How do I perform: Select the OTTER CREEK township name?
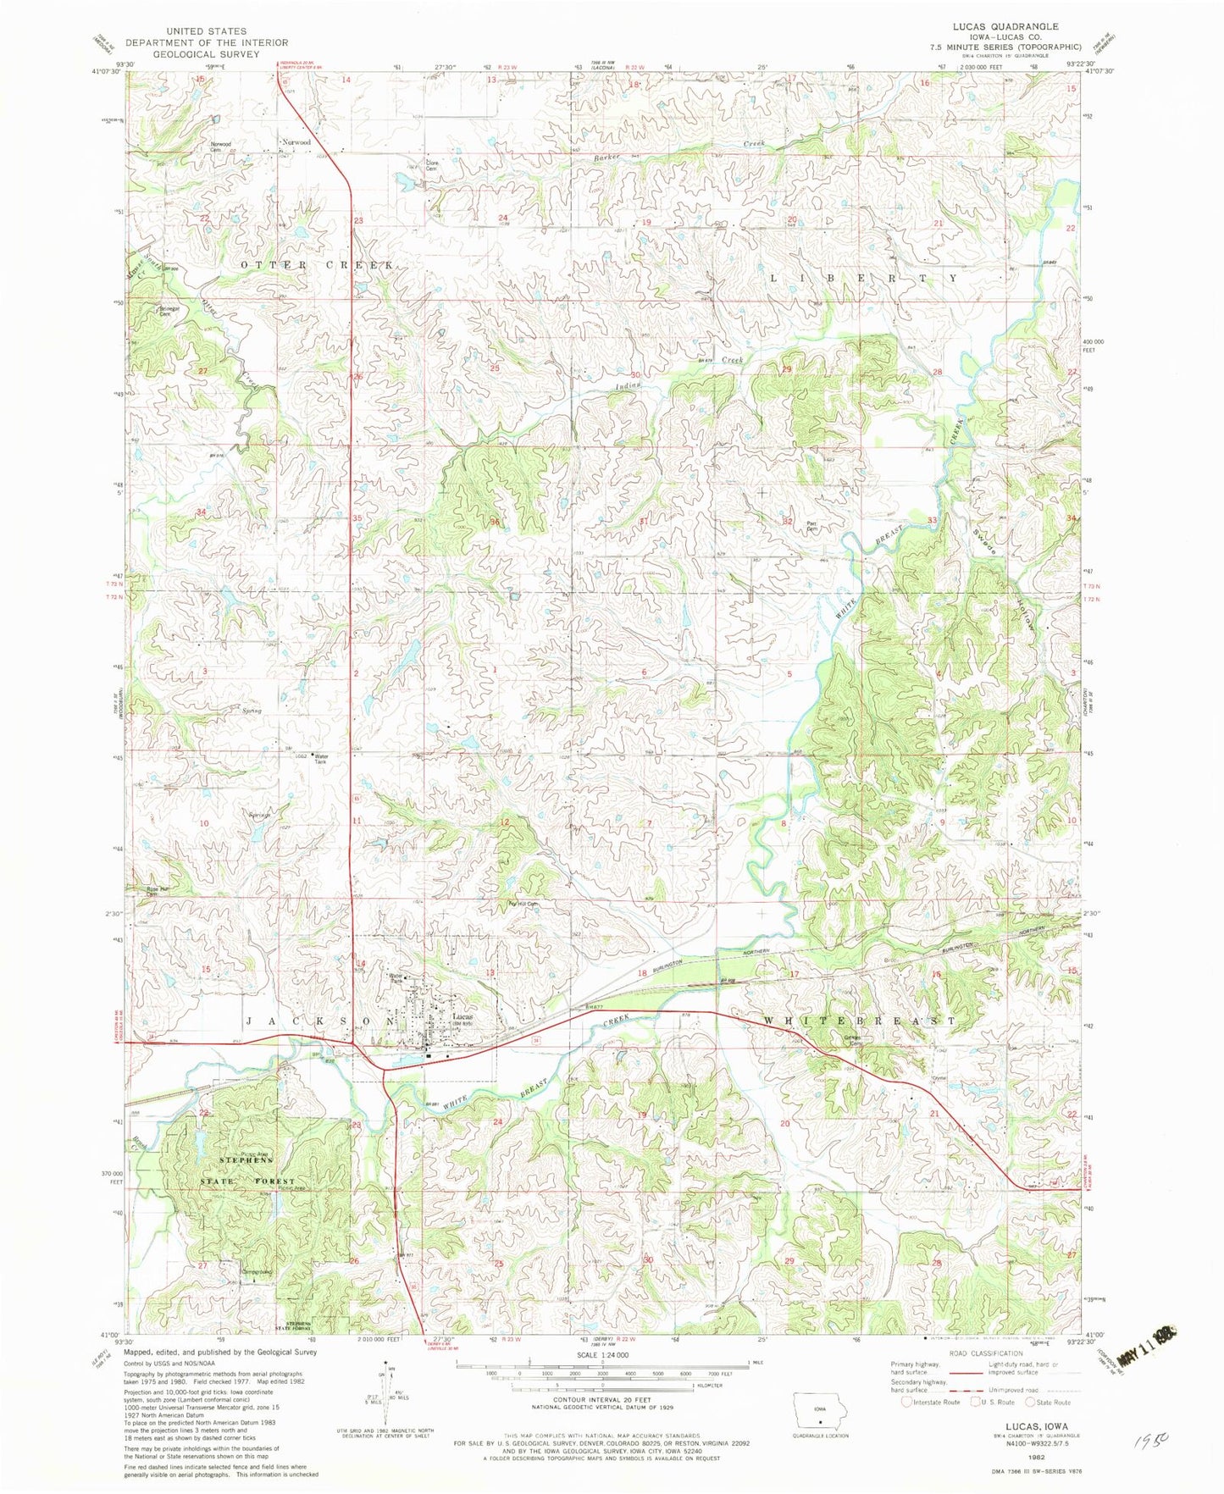click(x=317, y=265)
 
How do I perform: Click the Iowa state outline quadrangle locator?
click(x=819, y=1410)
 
